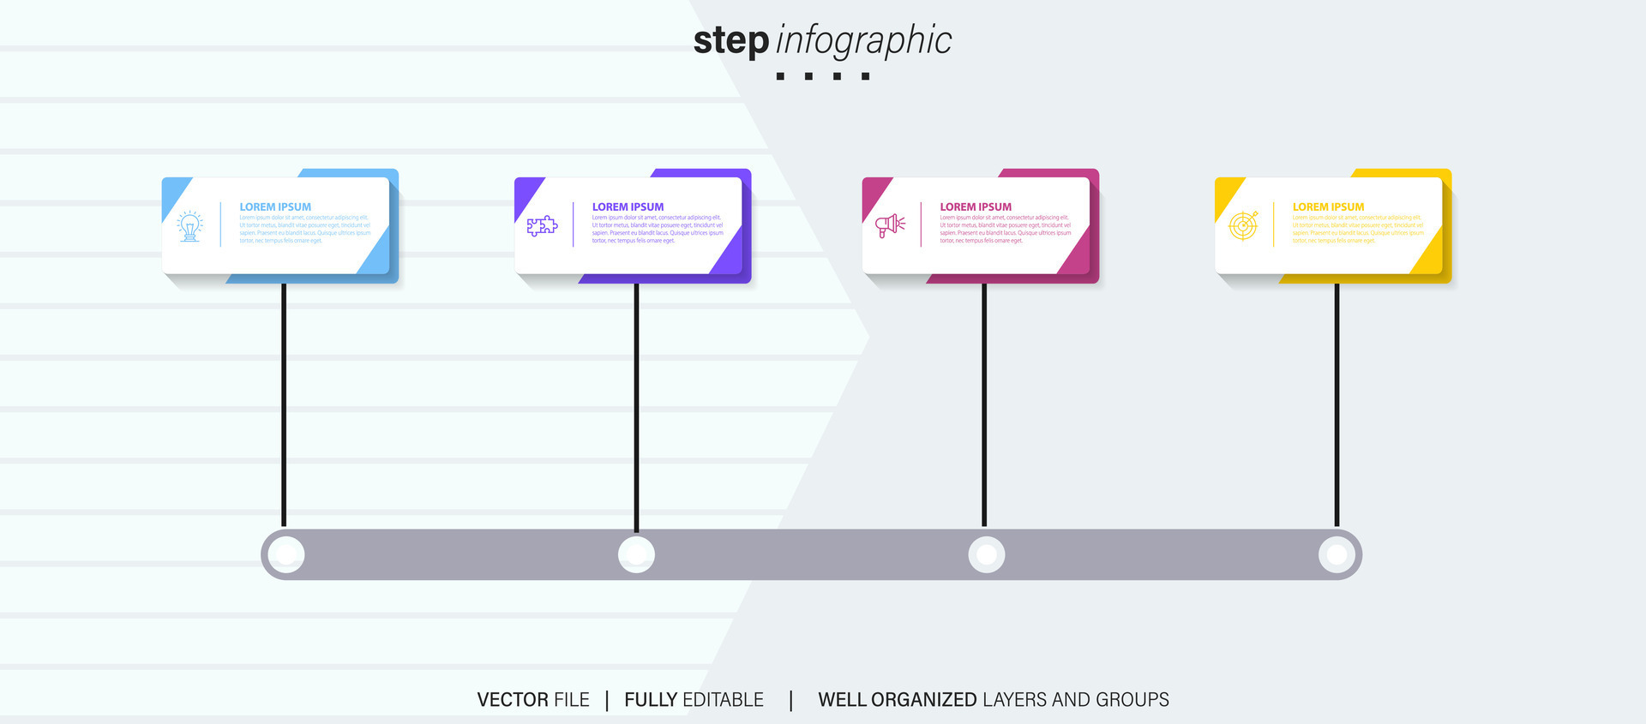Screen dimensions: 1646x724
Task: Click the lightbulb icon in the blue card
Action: tap(189, 226)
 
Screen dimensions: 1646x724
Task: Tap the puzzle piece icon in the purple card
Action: tap(542, 226)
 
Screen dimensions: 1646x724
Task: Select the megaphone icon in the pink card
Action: tap(890, 225)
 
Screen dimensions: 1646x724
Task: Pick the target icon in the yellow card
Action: tap(1243, 225)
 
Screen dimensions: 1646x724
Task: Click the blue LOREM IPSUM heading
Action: tap(275, 206)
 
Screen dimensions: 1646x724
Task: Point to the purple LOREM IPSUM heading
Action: tap(628, 206)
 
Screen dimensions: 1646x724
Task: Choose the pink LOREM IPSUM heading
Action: tap(976, 206)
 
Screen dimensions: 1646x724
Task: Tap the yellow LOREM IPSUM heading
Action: tap(1328, 206)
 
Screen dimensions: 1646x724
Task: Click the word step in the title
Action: tap(730, 41)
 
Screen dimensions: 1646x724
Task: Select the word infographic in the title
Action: tap(863, 41)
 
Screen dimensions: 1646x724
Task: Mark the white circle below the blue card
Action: tap(285, 554)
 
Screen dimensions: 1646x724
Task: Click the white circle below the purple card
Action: tap(636, 554)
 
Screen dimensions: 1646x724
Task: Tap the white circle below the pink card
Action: tap(987, 554)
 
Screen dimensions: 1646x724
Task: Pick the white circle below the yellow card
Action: tap(1337, 554)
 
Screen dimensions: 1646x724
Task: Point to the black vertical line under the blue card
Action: tap(284, 403)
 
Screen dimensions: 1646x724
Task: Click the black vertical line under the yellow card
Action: tap(1337, 403)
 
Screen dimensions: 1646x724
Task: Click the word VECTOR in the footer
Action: tap(513, 700)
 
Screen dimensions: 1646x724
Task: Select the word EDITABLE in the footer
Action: tap(723, 700)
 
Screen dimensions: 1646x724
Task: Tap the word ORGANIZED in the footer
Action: tap(923, 700)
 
